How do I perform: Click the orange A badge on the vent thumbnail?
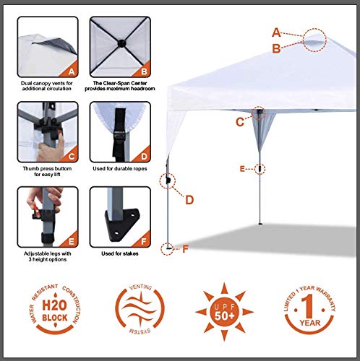pos(70,71)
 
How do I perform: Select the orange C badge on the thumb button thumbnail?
pos(70,155)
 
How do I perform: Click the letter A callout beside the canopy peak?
pos(276,32)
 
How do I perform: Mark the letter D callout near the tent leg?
pos(189,200)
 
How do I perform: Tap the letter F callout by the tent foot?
pos(186,249)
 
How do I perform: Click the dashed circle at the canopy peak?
pos(316,40)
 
